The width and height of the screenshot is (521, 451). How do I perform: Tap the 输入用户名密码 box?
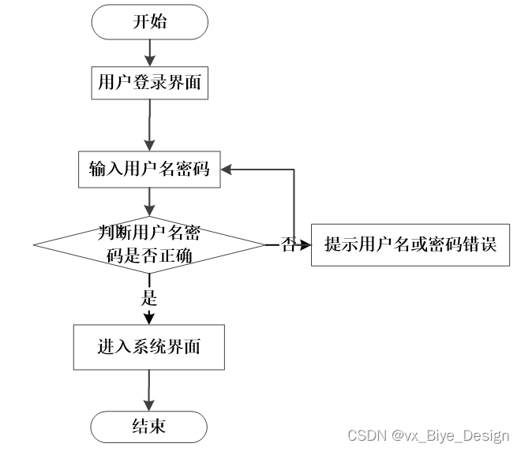[x=149, y=168]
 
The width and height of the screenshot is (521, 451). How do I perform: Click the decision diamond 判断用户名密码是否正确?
[x=149, y=244]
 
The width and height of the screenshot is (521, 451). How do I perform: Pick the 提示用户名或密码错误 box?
[x=410, y=245]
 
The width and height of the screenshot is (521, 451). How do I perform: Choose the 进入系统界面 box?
[x=149, y=347]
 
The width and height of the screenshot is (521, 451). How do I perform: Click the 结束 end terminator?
[x=149, y=427]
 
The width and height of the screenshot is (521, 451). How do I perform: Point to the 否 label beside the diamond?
[x=288, y=245]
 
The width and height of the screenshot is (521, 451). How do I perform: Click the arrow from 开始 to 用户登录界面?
[x=149, y=52]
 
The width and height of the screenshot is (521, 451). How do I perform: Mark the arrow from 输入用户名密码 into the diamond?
[x=149, y=201]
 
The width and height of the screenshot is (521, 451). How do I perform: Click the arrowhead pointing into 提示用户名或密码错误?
[x=305, y=245]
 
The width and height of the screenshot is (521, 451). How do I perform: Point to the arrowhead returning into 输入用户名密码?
[x=226, y=168]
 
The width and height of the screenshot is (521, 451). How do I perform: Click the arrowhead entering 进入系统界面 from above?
[x=149, y=318]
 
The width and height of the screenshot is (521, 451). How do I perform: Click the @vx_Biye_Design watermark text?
[x=450, y=435]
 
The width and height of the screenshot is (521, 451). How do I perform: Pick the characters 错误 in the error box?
[x=481, y=245]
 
